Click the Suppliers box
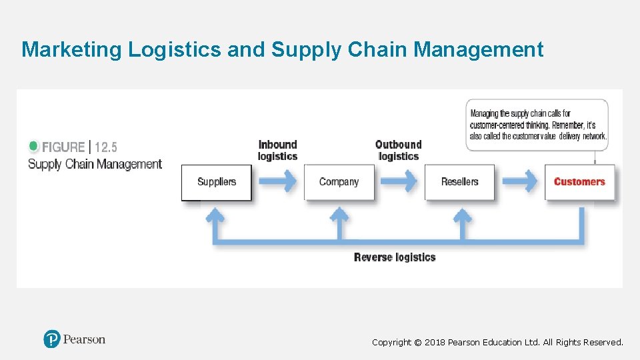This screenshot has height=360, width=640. pyautogui.click(x=217, y=182)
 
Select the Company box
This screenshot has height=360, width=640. pyautogui.click(x=339, y=182)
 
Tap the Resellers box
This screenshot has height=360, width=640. pyautogui.click(x=459, y=182)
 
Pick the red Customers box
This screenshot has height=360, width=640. pyautogui.click(x=579, y=182)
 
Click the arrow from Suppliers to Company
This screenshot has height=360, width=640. pyautogui.click(x=278, y=181)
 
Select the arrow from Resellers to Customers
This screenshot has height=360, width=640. pyautogui.click(x=520, y=181)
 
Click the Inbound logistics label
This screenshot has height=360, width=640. pyautogui.click(x=277, y=150)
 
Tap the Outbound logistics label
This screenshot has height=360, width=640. pyautogui.click(x=398, y=150)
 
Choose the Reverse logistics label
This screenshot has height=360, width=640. pyautogui.click(x=395, y=257)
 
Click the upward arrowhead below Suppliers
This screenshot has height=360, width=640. pyautogui.click(x=215, y=215)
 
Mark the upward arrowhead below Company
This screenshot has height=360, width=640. pyautogui.click(x=339, y=215)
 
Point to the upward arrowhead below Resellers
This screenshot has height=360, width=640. pyautogui.click(x=461, y=215)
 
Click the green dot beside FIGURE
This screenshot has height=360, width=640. pyautogui.click(x=34, y=146)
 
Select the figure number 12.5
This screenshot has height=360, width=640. pyautogui.click(x=106, y=147)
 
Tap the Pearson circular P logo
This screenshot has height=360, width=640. pyautogui.click(x=52, y=339)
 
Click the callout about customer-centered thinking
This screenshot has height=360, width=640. pyautogui.click(x=537, y=125)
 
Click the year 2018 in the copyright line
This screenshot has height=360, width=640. pyautogui.click(x=435, y=342)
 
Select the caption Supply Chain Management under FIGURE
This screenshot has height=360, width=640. pyautogui.click(x=95, y=164)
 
